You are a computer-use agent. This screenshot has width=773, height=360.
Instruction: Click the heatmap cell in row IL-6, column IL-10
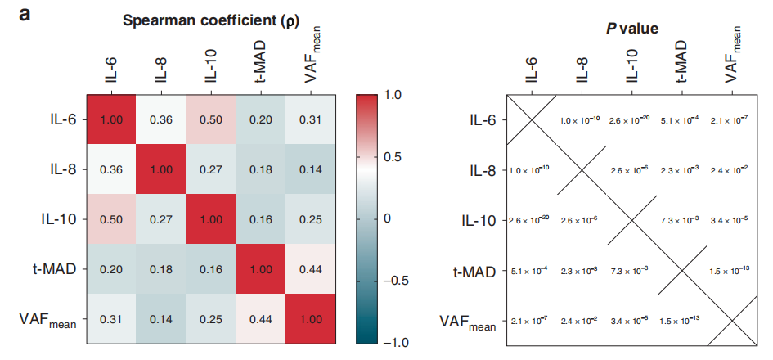tap(210, 119)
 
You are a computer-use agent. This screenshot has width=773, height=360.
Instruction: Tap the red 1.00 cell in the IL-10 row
tap(210, 219)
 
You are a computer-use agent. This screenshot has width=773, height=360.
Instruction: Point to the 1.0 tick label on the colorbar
tap(393, 95)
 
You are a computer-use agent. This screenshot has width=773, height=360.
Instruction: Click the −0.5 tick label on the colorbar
tap(398, 280)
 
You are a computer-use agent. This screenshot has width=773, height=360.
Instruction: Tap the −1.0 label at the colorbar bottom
tap(398, 341)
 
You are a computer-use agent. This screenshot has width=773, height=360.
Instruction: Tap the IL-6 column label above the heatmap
tap(112, 69)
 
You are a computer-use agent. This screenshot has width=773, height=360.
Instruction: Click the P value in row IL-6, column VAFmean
tap(730, 121)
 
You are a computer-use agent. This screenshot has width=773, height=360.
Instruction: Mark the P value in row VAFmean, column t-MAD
tap(681, 321)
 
